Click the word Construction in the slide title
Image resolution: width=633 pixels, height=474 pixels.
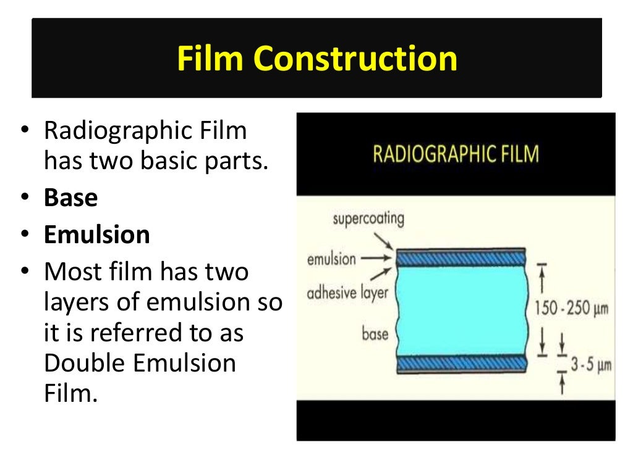point(355,59)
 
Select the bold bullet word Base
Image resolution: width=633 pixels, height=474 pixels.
point(70,198)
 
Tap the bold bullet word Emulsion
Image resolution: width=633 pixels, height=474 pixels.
point(96,235)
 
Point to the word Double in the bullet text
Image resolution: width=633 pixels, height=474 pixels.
point(85,362)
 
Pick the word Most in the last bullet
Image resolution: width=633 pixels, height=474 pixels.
point(70,272)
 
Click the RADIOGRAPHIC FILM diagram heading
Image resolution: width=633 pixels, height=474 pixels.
point(456,153)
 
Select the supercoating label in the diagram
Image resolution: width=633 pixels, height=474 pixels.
point(368,218)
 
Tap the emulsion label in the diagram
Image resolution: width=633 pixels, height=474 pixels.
point(331,259)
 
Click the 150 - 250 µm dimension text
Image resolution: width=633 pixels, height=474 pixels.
point(571,307)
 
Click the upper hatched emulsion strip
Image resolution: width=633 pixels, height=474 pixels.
point(461,257)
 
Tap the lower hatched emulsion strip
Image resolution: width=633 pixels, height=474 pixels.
point(461,365)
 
